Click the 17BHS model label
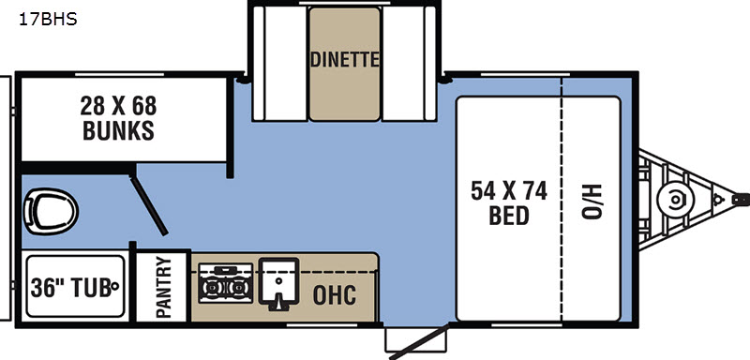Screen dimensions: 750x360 tap(48, 20)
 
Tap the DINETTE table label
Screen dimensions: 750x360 tap(345, 60)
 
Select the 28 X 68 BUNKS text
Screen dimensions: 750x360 tap(118, 118)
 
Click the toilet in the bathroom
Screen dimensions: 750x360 tap(51, 211)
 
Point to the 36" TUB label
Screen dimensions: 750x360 tap(71, 287)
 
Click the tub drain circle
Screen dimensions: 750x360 tap(114, 287)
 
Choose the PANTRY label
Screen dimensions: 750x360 tap(163, 287)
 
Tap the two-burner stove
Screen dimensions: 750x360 tap(226, 283)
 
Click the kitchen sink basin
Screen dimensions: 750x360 tap(278, 282)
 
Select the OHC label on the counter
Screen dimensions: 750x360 tap(335, 295)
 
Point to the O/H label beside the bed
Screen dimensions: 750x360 tap(592, 201)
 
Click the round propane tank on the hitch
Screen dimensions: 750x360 tap(675, 201)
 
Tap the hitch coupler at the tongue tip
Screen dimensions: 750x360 tap(741, 200)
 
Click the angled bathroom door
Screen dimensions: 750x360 tap(148, 205)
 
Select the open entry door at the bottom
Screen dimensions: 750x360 tap(420, 341)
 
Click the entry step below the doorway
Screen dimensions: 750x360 tap(415, 340)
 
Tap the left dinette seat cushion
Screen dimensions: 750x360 tap(280, 63)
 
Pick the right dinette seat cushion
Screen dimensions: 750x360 tap(409, 63)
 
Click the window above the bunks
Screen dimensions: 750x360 tap(120, 75)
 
